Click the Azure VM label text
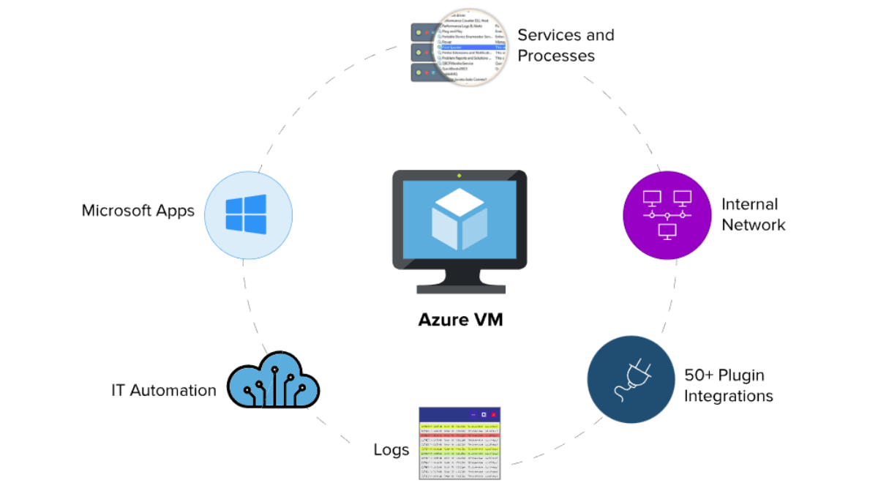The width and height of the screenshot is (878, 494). pyautogui.click(x=460, y=320)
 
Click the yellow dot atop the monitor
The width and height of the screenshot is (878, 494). pyautogui.click(x=459, y=176)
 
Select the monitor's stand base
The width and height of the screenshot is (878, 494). pyautogui.click(x=459, y=288)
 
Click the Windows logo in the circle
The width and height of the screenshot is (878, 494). pyautogui.click(x=246, y=213)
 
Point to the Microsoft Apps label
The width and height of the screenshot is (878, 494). pyautogui.click(x=138, y=211)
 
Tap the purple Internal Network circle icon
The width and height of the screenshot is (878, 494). pyautogui.click(x=667, y=215)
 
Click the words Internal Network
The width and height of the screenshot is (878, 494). pyautogui.click(x=753, y=214)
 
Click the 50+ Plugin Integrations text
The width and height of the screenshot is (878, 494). pyautogui.click(x=728, y=386)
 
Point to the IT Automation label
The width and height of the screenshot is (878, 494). pyautogui.click(x=163, y=390)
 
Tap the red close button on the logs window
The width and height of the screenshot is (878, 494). pyautogui.click(x=493, y=414)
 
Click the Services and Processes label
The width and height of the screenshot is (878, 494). pyautogui.click(x=566, y=45)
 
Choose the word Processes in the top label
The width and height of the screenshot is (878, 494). pyautogui.click(x=556, y=56)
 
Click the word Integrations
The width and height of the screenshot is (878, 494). pyautogui.click(x=728, y=396)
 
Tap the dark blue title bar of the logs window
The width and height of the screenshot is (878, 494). pyautogui.click(x=446, y=414)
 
